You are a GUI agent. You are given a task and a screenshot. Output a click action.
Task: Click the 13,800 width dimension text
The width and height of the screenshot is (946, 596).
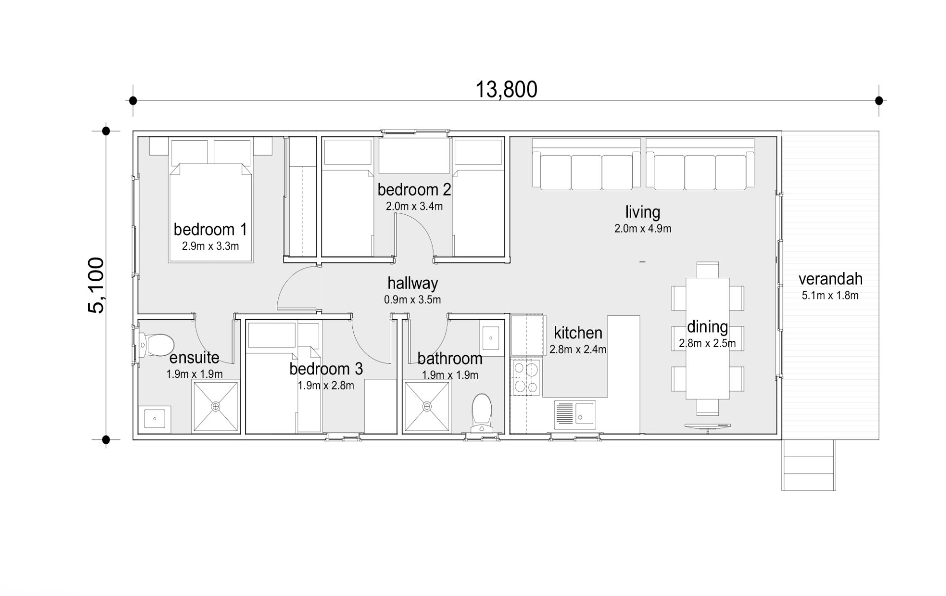[506, 90]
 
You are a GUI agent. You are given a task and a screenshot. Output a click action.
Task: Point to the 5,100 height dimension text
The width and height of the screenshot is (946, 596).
[97, 285]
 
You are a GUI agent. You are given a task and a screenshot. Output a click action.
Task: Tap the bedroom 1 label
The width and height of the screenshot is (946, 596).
[210, 230]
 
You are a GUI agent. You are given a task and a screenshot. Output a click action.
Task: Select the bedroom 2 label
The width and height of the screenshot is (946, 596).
[414, 190]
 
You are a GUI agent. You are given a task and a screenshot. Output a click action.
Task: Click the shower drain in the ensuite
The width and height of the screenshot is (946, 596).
[215, 406]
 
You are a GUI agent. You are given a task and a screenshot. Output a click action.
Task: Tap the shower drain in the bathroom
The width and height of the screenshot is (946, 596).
[427, 406]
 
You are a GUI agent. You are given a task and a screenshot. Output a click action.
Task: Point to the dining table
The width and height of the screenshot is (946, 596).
[708, 339]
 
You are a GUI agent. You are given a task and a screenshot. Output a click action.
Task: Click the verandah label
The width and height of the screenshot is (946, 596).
[830, 279]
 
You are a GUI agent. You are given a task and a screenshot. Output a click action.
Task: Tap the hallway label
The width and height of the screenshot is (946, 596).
[413, 283]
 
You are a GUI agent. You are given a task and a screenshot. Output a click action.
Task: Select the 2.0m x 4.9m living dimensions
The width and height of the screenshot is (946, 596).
[642, 229]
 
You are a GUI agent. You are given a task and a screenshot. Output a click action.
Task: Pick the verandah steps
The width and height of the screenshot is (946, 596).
[809, 465]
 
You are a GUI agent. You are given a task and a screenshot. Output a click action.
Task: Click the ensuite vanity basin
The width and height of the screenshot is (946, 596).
[155, 419]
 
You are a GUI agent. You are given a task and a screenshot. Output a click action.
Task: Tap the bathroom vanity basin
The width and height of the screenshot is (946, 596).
[491, 338]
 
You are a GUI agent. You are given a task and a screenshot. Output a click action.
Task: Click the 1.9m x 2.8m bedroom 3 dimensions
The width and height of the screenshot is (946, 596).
[326, 386]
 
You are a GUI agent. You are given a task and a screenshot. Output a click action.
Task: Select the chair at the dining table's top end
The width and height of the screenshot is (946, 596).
[708, 270]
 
